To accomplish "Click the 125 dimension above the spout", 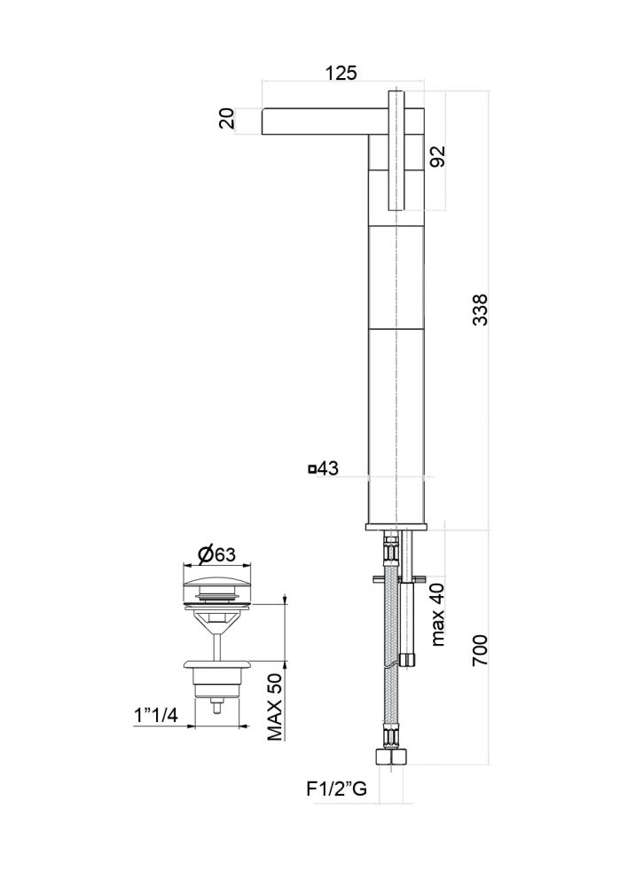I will click(x=341, y=74).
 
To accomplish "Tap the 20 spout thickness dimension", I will click(x=228, y=119).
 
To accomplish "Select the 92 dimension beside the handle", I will click(x=437, y=156).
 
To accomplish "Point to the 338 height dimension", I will click(x=480, y=310).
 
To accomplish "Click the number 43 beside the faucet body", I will click(x=329, y=469).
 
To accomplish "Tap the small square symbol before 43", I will click(x=311, y=469).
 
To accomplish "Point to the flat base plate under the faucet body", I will click(x=396, y=529).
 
